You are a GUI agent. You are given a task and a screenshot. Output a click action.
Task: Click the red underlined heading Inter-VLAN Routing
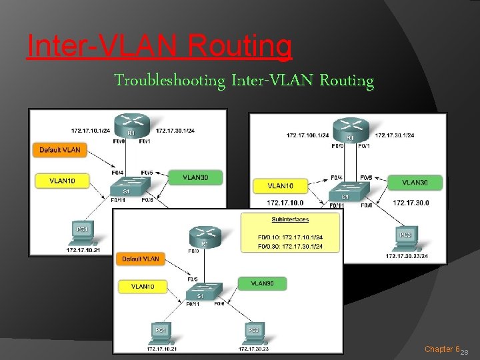(159, 47)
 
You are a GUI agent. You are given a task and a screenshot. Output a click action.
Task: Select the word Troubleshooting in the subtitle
(170, 81)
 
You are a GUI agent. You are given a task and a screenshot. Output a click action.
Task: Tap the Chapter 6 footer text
(442, 349)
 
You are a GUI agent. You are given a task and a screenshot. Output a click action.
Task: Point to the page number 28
(465, 352)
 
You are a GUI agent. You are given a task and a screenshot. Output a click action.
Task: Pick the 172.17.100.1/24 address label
(307, 135)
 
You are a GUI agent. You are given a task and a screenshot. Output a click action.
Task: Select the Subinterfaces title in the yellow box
(290, 219)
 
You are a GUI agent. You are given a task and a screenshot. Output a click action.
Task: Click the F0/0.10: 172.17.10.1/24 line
(290, 237)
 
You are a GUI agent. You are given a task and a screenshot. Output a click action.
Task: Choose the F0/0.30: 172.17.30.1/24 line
(290, 246)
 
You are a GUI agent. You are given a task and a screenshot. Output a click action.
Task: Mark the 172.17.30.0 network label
(411, 202)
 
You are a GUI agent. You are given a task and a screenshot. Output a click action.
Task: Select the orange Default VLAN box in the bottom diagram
(140, 259)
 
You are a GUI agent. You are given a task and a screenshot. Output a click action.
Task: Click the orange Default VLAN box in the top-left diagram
(59, 150)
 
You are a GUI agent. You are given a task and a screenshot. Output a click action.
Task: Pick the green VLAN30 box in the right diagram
(415, 182)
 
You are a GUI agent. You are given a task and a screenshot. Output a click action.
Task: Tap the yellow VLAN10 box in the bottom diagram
(143, 287)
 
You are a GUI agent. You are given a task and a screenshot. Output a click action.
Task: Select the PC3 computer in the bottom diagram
(253, 331)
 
